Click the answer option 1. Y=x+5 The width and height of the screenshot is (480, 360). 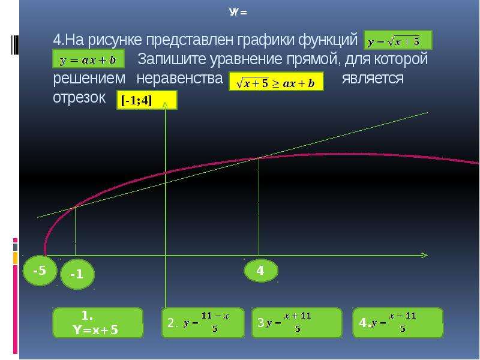coord(98,323)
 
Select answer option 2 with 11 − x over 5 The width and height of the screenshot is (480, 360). coord(203,323)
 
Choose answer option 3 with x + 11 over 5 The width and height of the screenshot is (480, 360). coord(296,323)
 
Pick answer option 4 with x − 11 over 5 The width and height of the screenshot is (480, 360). coord(398,323)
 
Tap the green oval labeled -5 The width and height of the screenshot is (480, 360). coord(40,271)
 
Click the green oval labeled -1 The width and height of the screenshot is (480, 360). coord(77,274)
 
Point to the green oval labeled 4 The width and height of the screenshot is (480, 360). coord(261,271)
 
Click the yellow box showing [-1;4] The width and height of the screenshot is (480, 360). coord(146,100)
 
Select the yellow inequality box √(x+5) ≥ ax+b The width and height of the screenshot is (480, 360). coord(276,82)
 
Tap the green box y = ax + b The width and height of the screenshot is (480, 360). coord(88,59)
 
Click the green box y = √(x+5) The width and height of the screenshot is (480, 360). coord(398,40)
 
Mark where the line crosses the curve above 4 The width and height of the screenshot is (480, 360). coord(259,158)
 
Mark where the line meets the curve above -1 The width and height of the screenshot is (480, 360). coord(75,207)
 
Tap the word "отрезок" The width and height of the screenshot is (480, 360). coord(79,98)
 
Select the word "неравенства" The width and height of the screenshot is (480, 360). coord(179,79)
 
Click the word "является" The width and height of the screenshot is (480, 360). coord(373,79)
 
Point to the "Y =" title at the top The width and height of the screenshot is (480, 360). coord(238,13)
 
